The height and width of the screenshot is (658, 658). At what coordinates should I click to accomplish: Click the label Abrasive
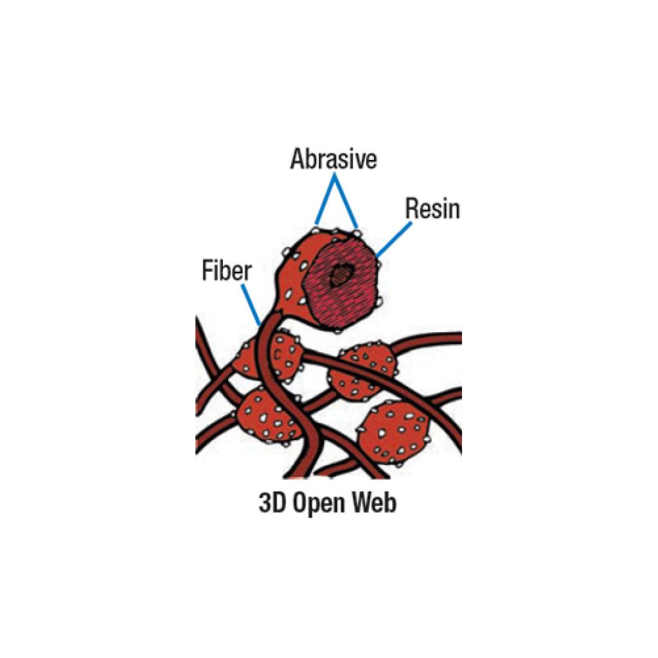point(333,159)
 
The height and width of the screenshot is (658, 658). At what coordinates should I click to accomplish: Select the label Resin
point(432,209)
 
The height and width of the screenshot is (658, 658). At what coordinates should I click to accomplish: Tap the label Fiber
point(226,271)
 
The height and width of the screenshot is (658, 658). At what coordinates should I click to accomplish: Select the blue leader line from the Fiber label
point(251,305)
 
